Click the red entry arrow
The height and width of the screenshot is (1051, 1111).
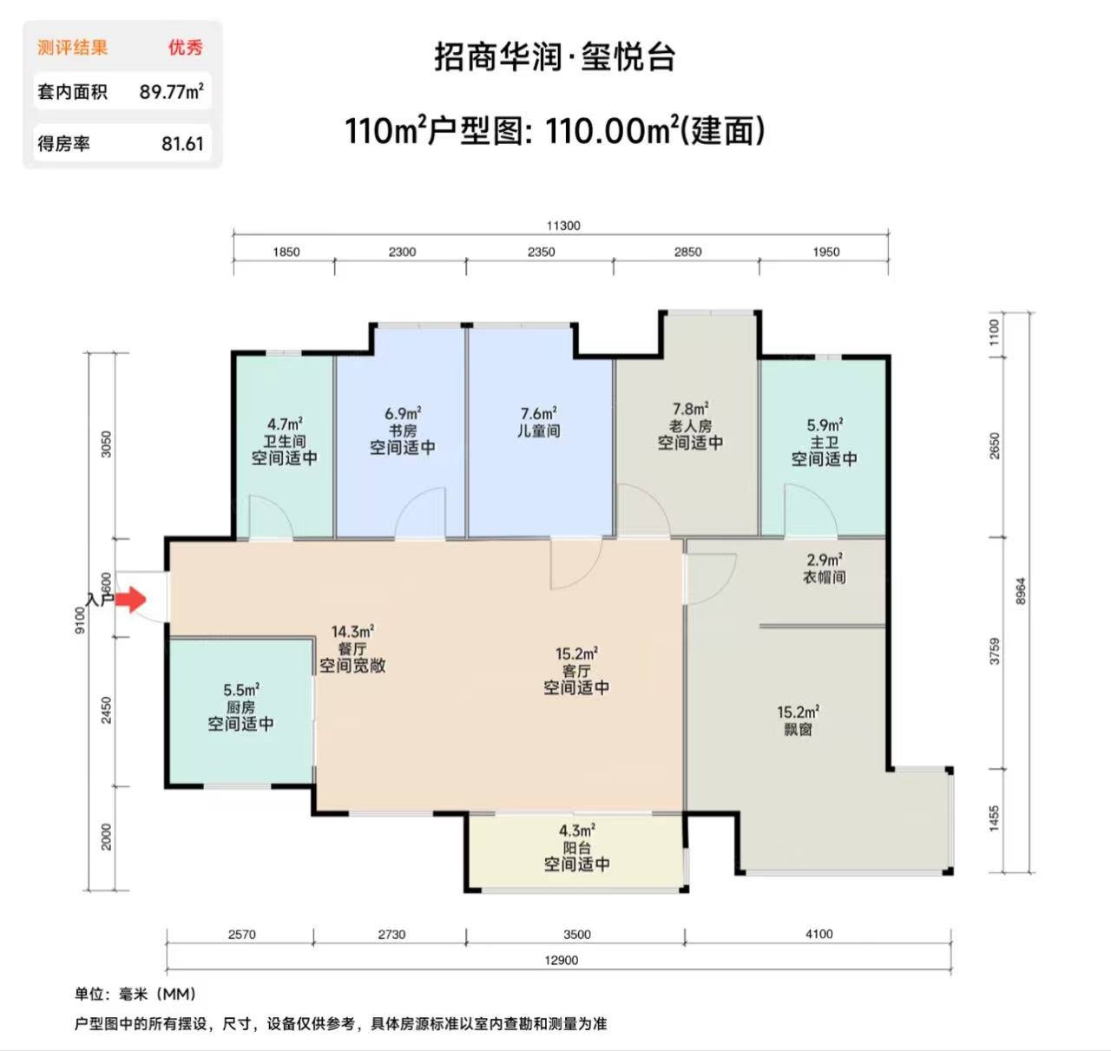[131, 599]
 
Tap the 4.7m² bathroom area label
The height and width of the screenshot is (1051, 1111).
[285, 424]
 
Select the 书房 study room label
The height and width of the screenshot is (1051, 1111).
[403, 430]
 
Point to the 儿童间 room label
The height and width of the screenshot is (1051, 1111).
[539, 431]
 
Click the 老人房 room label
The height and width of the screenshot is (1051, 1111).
[691, 425]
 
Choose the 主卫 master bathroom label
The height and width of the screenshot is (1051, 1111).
[824, 442]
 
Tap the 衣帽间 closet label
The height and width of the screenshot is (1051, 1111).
[825, 577]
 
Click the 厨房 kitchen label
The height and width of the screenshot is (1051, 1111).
[240, 706]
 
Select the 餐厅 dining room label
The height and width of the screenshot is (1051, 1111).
[352, 648]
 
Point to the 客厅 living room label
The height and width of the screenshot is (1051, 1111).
[576, 671]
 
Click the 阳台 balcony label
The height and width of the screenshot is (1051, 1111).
[577, 848]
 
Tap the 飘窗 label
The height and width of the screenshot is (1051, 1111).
[798, 729]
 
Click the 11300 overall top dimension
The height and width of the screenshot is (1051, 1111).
[562, 226]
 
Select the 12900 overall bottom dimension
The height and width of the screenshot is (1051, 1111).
[562, 960]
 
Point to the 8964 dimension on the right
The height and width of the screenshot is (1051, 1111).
[1021, 592]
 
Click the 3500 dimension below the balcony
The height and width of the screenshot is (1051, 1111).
[576, 935]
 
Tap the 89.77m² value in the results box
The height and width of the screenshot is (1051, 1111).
[171, 91]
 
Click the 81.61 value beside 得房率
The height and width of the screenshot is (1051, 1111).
[182, 143]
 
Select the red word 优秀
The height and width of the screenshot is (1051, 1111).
[186, 48]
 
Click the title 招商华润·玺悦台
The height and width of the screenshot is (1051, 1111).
[555, 56]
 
